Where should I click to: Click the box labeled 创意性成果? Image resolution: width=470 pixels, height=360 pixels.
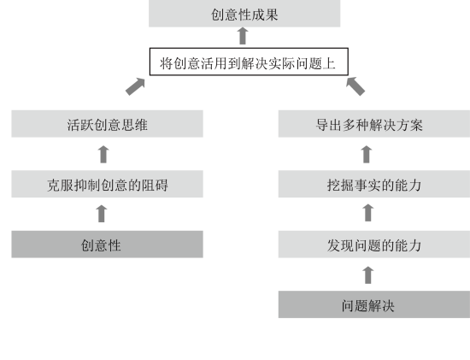pos(244,14)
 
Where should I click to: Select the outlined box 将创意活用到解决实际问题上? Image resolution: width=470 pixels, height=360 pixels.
pos(249,62)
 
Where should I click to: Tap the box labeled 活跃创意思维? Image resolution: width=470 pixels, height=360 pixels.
pos(108,124)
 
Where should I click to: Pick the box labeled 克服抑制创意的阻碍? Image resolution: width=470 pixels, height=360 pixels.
pos(108,184)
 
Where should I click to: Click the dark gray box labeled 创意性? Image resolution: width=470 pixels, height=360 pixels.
pos(108,245)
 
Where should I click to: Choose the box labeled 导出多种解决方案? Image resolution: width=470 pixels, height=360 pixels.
pos(374,124)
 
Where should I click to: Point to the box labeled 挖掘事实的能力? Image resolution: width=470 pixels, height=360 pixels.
pos(374,184)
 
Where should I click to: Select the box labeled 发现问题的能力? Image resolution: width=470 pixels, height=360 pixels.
pos(374,245)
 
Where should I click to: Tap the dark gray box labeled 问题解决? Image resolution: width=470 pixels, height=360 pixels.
pos(374,304)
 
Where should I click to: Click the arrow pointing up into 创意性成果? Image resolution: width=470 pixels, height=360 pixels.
pos(243,36)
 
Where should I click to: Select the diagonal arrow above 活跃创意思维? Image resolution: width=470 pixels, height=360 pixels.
pos(135,86)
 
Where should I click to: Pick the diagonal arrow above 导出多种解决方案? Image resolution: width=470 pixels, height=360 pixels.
pos(355,86)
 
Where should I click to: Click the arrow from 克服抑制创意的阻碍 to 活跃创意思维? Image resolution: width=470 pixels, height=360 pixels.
pos(103,154)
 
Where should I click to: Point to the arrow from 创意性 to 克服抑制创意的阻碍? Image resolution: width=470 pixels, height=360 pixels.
pos(102,214)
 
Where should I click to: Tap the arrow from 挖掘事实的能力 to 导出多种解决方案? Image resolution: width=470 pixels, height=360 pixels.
pos(367,154)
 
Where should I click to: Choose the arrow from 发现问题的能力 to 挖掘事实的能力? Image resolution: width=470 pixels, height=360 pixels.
pos(368,213)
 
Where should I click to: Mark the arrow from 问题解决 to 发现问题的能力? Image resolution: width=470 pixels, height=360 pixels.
pos(368,275)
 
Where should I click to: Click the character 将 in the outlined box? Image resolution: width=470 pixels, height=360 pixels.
pos(166,63)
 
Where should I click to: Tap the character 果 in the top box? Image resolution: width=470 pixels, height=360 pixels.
pos(272,15)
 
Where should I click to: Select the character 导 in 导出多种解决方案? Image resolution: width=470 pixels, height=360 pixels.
pos(322,125)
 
